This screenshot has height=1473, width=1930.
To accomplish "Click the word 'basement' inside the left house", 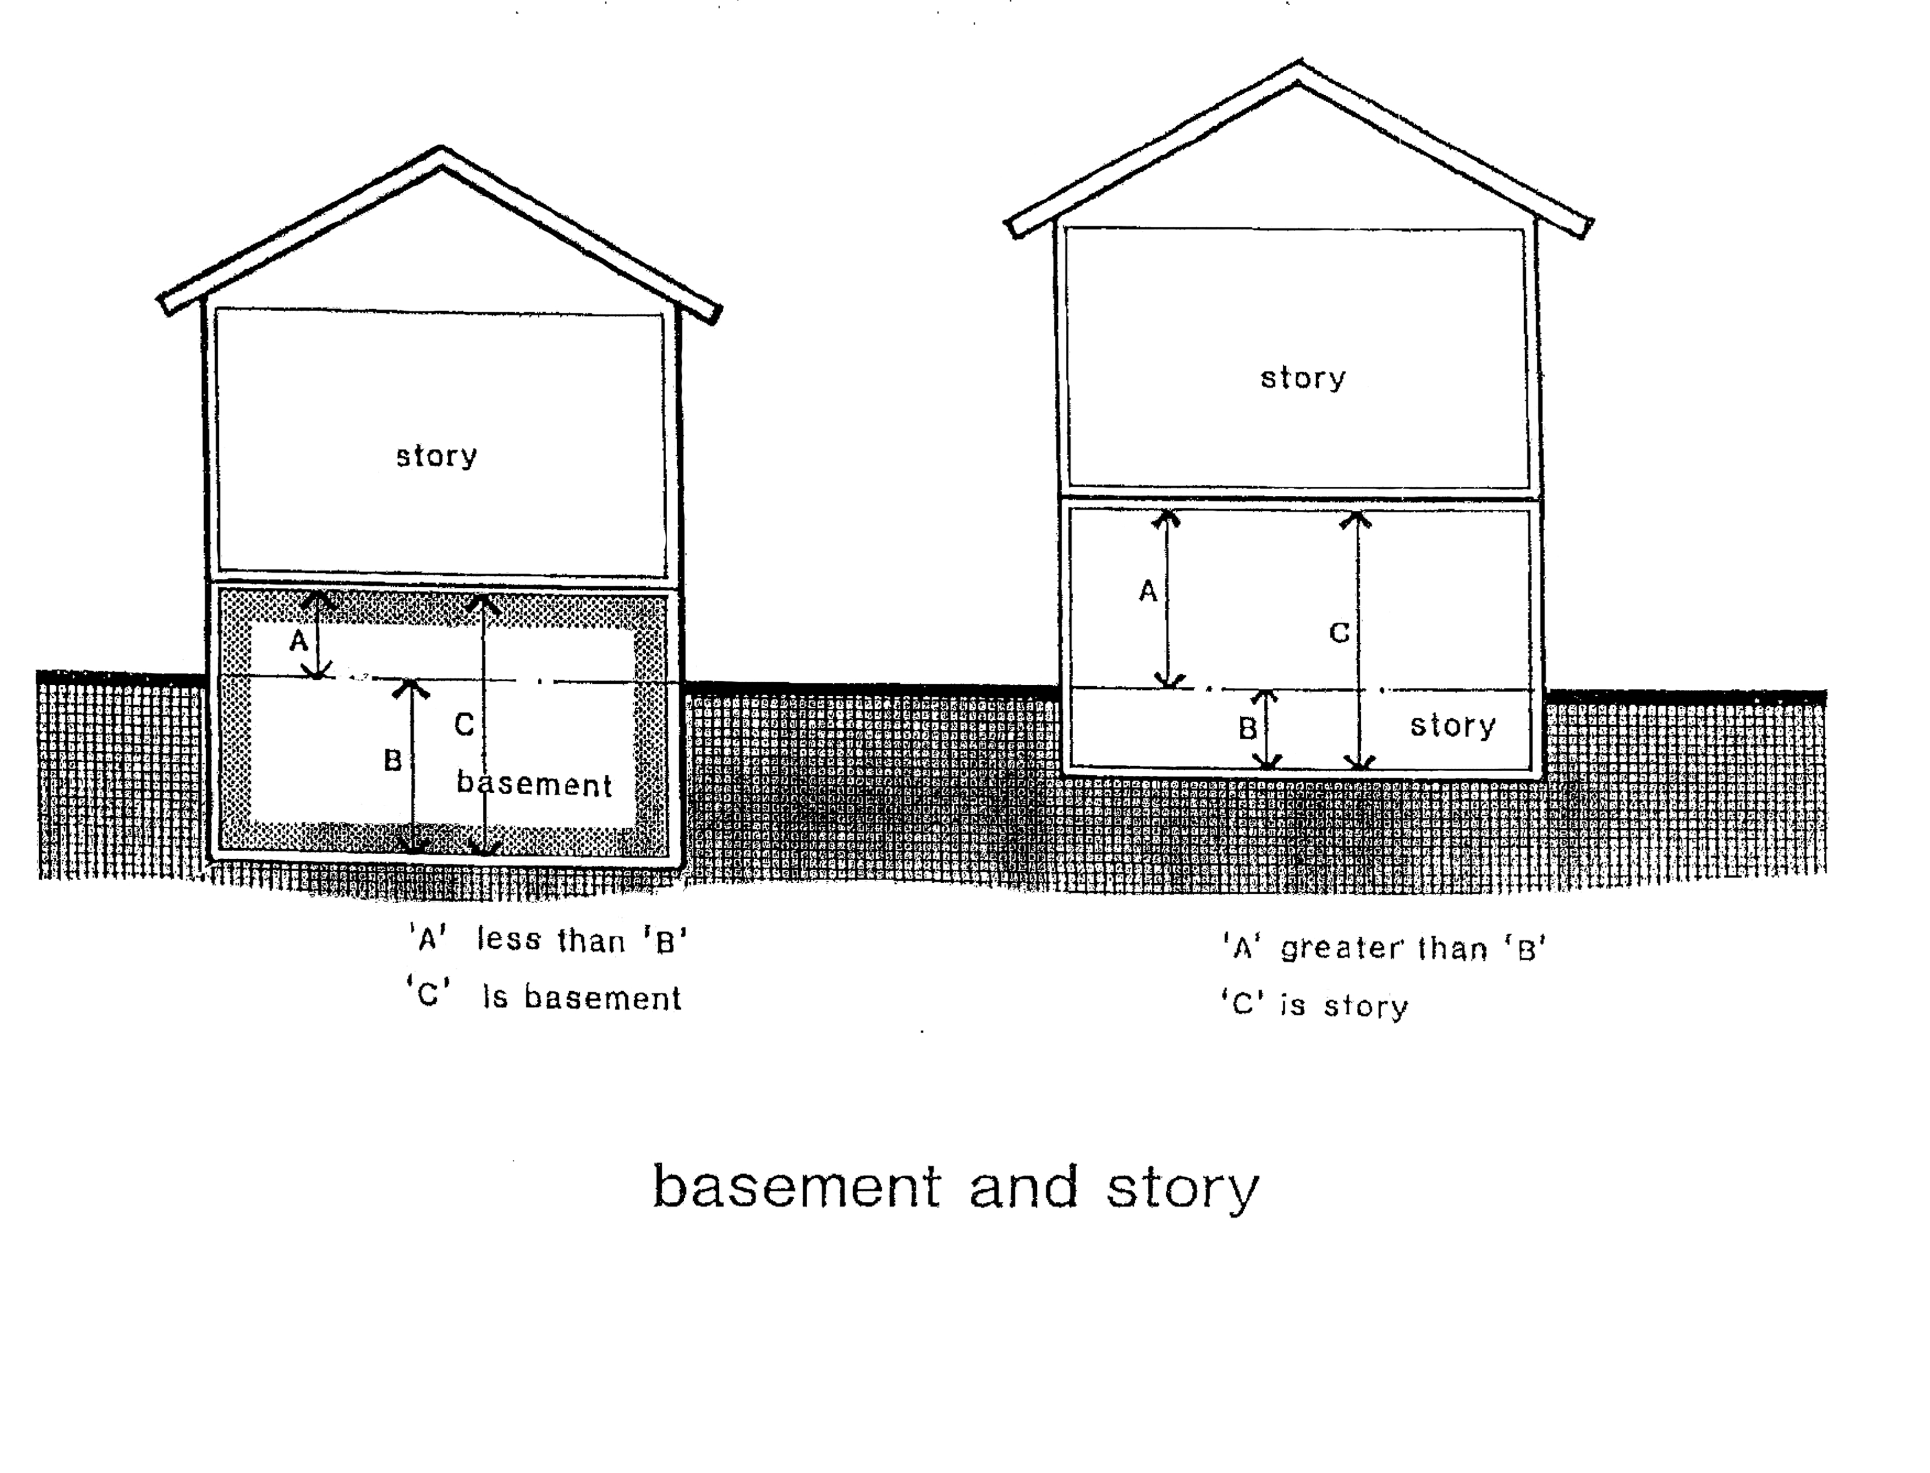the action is coord(534,783).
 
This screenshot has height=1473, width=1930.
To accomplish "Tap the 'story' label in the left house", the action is coord(436,456).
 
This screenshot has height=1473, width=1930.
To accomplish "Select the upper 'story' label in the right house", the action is coord(1302,378).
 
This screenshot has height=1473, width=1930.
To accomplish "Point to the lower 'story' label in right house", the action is coord(1452,726).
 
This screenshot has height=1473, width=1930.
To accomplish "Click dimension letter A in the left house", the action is coord(299,642).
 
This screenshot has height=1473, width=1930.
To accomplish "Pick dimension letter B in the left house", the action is coord(393,760).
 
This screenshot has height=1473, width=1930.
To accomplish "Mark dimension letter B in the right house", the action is coord(1247,728).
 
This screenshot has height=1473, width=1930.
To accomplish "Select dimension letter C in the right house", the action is coord(1339,632).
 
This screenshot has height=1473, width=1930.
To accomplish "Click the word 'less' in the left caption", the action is coord(508,940).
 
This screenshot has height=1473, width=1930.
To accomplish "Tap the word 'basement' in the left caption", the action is coord(602,998).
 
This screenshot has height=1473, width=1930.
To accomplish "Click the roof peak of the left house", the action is coord(441,152).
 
